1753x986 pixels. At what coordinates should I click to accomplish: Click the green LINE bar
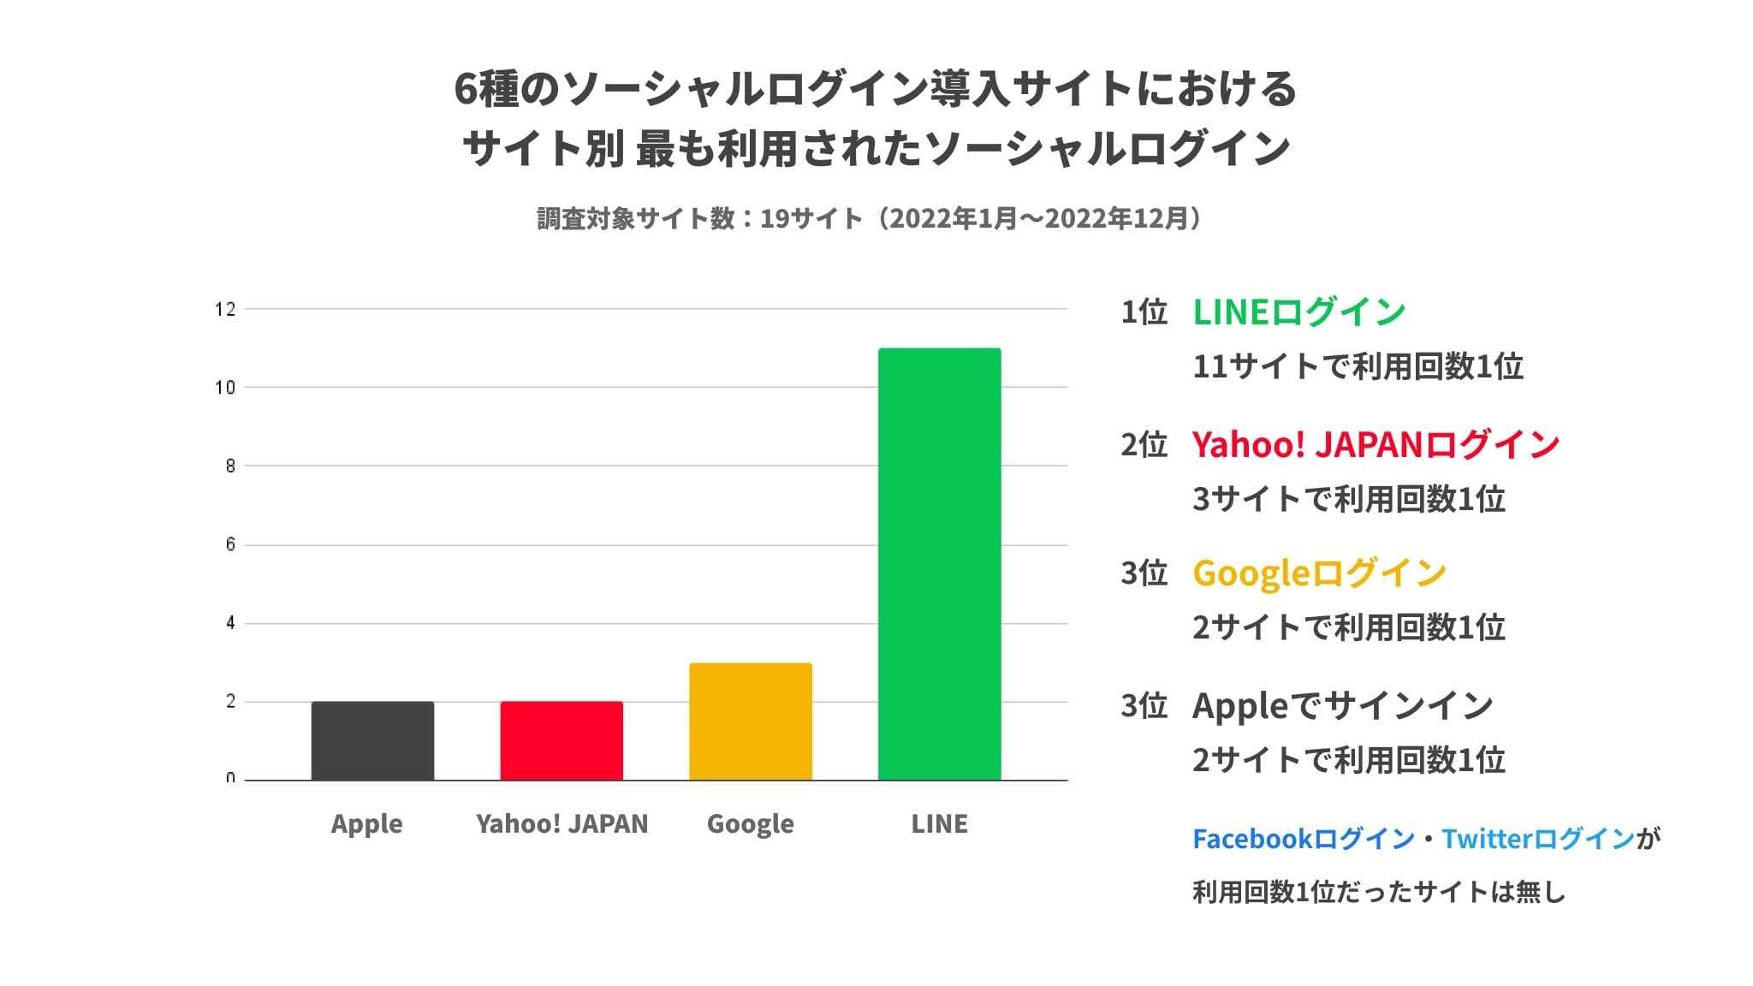(939, 564)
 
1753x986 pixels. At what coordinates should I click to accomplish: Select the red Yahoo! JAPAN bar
(562, 740)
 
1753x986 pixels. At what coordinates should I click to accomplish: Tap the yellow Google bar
(750, 721)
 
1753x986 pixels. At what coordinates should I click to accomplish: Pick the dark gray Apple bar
(372, 740)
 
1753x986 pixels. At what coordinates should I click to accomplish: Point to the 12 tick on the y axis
(225, 309)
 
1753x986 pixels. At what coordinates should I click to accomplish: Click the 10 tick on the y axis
(225, 388)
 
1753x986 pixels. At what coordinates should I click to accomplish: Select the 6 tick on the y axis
(229, 545)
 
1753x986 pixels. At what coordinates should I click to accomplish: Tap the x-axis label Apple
(366, 823)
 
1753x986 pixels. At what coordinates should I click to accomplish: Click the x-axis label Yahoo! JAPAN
(562, 823)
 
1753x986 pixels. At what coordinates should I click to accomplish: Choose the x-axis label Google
(750, 823)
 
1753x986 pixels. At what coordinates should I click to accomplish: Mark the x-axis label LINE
(939, 823)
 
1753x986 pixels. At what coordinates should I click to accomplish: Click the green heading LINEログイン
(1298, 312)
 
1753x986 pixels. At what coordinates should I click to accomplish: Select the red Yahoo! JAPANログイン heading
(1376, 445)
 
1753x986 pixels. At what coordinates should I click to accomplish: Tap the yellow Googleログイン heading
(1319, 573)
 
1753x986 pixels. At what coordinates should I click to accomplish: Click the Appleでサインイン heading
(1342, 706)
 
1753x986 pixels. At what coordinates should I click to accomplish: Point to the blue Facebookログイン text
(1303, 839)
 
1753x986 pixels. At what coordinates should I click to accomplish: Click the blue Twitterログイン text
(1538, 839)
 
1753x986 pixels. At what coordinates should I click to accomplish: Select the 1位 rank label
(1144, 312)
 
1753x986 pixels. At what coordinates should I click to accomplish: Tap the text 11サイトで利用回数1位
(1358, 366)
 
